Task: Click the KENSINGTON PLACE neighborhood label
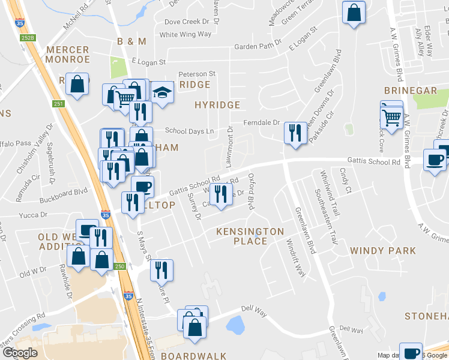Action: pos(250,236)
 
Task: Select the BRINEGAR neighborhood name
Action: pos(411,91)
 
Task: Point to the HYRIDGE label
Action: pos(217,105)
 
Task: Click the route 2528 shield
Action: pos(27,38)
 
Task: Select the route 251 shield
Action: pos(58,104)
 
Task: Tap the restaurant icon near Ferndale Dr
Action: pos(295,132)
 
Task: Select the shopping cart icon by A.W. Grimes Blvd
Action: pos(392,116)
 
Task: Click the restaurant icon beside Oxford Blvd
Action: pos(220,194)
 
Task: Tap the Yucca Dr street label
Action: pos(32,215)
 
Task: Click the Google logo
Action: pos(20,353)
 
